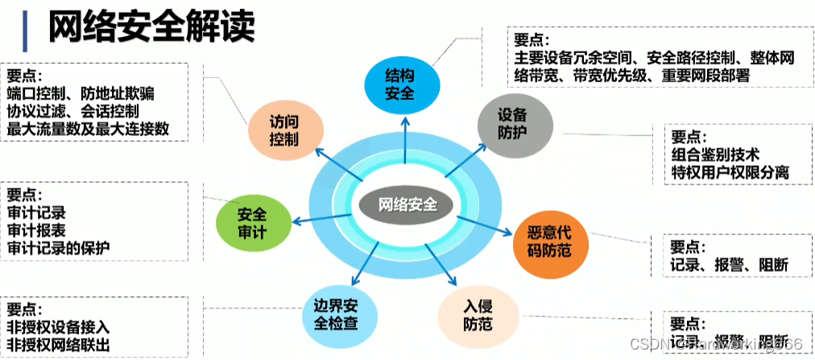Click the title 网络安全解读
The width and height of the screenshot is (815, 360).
pyautogui.click(x=152, y=27)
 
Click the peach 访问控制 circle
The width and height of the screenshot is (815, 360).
pyautogui.click(x=285, y=130)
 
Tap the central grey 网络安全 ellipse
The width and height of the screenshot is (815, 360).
pyautogui.click(x=409, y=204)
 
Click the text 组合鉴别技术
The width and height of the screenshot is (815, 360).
pyautogui.click(x=715, y=155)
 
